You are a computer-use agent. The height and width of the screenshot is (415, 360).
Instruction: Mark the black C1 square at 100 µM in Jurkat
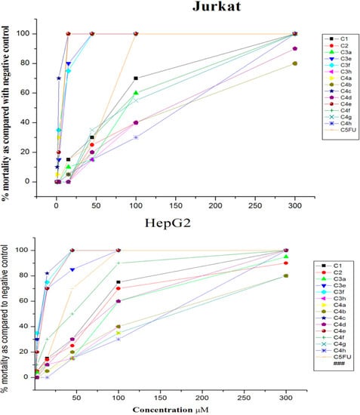136,78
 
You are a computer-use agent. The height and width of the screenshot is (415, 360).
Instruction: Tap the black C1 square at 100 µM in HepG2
118,281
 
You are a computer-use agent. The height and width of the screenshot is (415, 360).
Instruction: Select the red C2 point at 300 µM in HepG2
285,263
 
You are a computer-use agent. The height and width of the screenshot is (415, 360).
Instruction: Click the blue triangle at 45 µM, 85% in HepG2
72,269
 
